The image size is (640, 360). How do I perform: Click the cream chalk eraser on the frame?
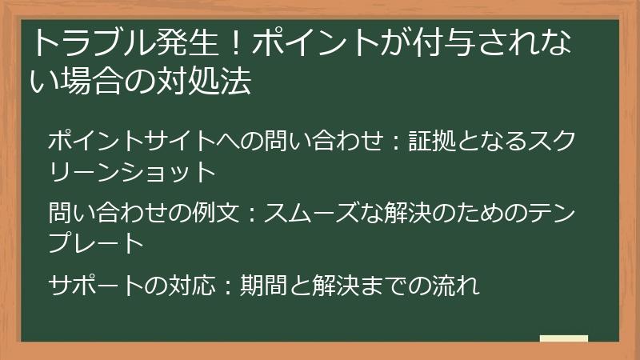(563, 338)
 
